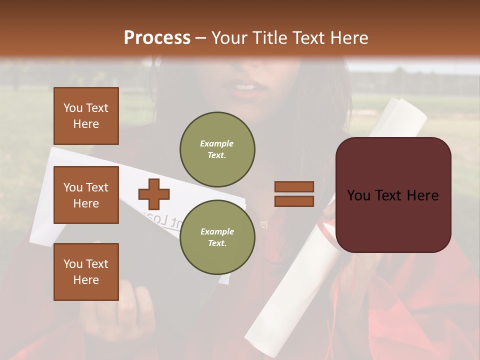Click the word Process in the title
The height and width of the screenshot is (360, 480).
click(157, 38)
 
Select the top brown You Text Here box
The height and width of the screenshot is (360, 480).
click(86, 116)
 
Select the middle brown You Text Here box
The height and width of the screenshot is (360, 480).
click(86, 195)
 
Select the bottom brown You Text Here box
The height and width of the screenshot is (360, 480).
click(86, 272)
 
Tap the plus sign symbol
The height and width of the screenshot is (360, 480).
click(153, 194)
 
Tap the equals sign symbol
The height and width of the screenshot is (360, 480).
click(294, 194)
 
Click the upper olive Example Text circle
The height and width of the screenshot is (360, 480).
click(217, 149)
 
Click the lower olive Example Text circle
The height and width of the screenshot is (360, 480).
click(217, 237)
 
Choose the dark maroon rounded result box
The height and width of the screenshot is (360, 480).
click(393, 195)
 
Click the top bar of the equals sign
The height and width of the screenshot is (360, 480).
click(294, 186)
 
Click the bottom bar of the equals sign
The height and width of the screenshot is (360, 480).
click(294, 201)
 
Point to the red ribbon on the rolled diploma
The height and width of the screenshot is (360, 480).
click(328, 230)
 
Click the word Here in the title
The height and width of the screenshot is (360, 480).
click(349, 38)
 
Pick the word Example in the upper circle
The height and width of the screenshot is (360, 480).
click(216, 143)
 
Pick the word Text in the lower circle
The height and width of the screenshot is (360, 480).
click(216, 243)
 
